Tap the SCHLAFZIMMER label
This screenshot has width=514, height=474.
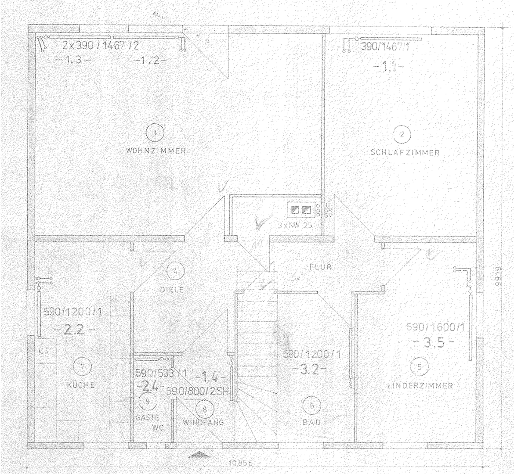[405, 153]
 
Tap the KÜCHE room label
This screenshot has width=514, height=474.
[81, 385]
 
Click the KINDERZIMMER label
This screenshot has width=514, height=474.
[420, 386]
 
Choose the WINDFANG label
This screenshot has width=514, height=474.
[203, 422]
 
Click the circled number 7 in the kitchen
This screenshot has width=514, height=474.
[80, 365]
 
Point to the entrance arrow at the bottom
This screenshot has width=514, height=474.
[199, 455]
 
